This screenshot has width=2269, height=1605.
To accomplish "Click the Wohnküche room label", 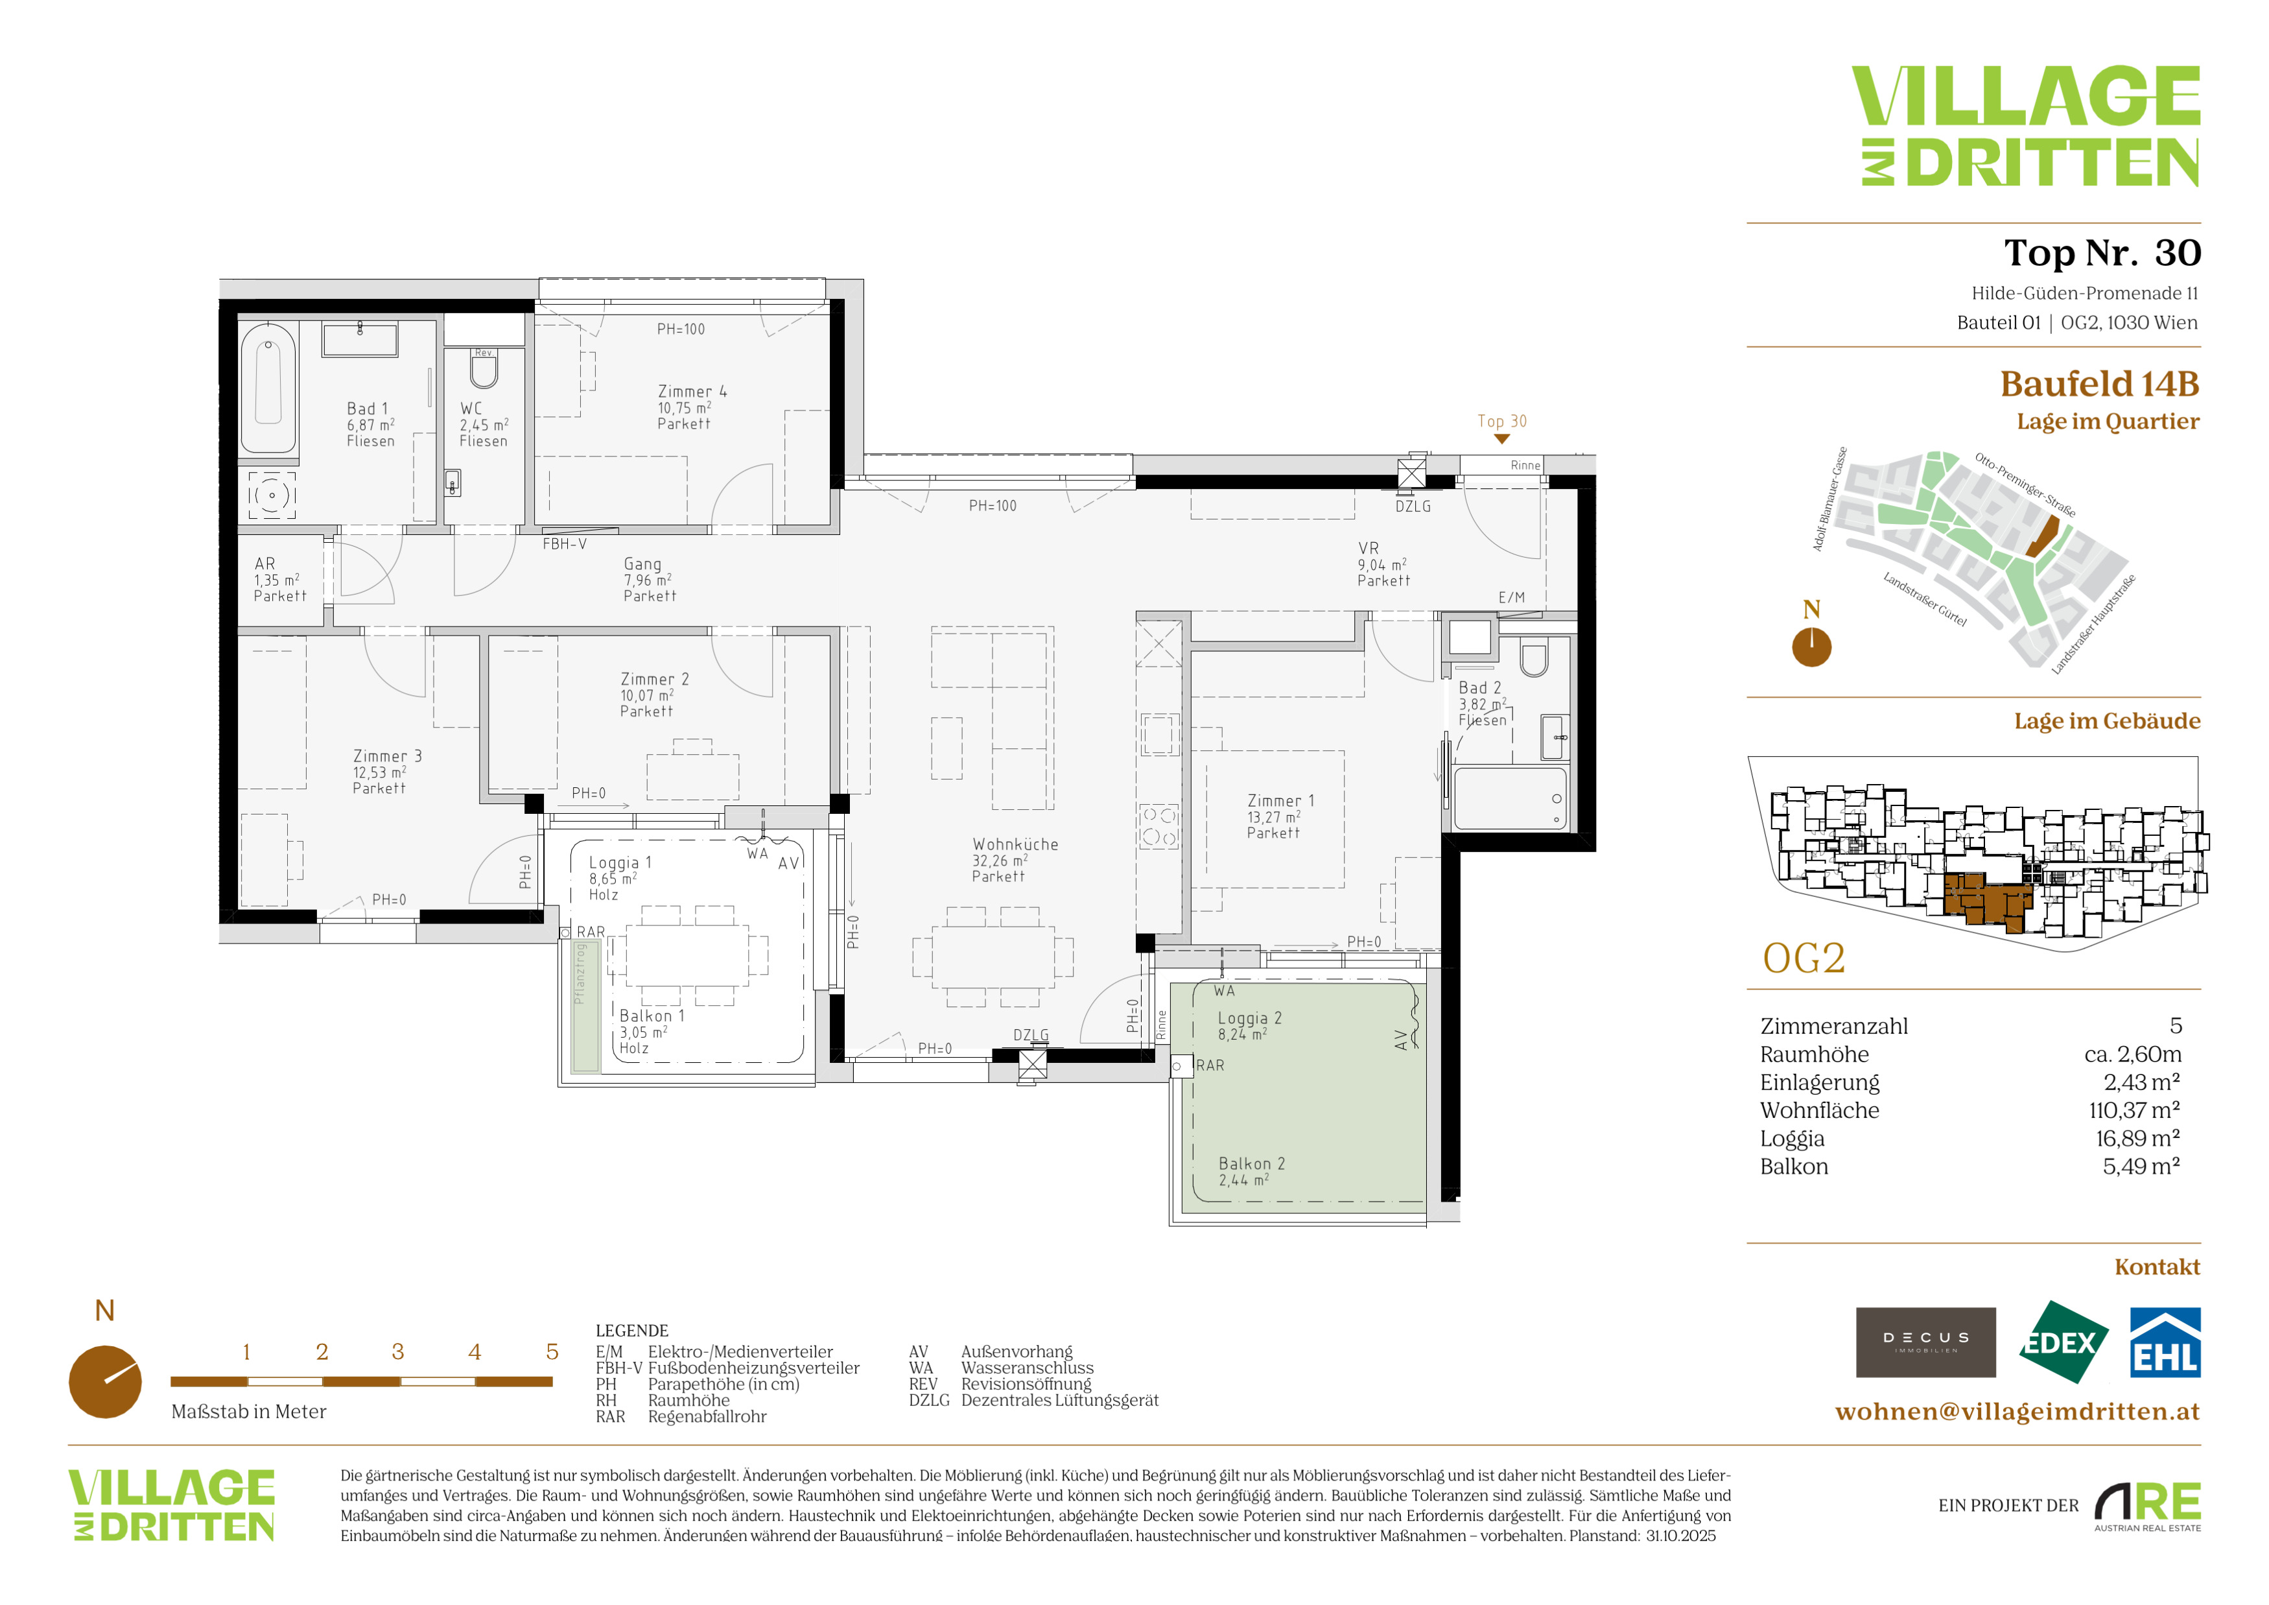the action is pos(1015,844).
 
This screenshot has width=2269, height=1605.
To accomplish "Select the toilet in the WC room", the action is pos(483,370).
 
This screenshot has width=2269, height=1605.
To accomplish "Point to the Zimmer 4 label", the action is pos(692,392).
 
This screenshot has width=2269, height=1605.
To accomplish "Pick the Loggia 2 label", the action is pos(1249,1018).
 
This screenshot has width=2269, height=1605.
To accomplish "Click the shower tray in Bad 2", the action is pos(1510,796).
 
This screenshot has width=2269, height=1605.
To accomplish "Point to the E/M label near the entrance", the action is pos(1511,597).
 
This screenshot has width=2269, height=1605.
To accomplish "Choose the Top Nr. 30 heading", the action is pos(2102,253).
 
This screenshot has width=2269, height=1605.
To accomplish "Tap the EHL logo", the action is pos(2164,1342).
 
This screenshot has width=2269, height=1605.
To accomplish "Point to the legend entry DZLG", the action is pos(929,1401).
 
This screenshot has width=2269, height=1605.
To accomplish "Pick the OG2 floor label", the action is pos(1804,958).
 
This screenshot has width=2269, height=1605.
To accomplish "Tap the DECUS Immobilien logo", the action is pos(1925,1342).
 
